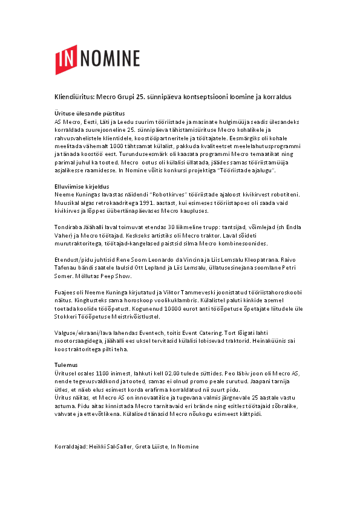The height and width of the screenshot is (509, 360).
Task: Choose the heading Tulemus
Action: point(61,365)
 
